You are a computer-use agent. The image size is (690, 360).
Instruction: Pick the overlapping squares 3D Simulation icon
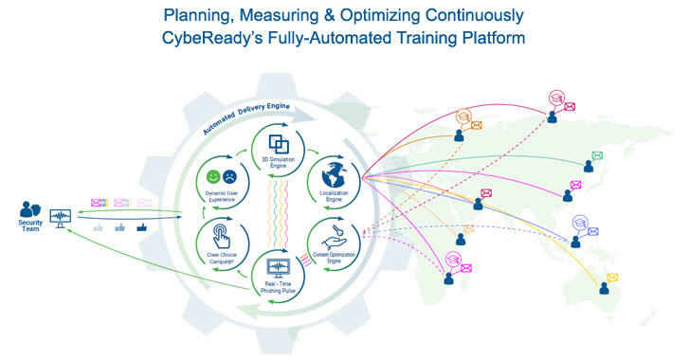[280, 144]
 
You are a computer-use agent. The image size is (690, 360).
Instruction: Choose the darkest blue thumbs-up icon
[141, 226]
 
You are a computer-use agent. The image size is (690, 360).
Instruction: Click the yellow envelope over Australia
[612, 277]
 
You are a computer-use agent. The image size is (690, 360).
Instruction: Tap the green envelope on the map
[597, 155]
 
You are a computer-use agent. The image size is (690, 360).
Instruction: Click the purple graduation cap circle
[579, 225]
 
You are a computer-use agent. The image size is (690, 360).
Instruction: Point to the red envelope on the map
[486, 193]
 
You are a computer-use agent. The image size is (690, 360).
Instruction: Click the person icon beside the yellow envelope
[599, 292]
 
